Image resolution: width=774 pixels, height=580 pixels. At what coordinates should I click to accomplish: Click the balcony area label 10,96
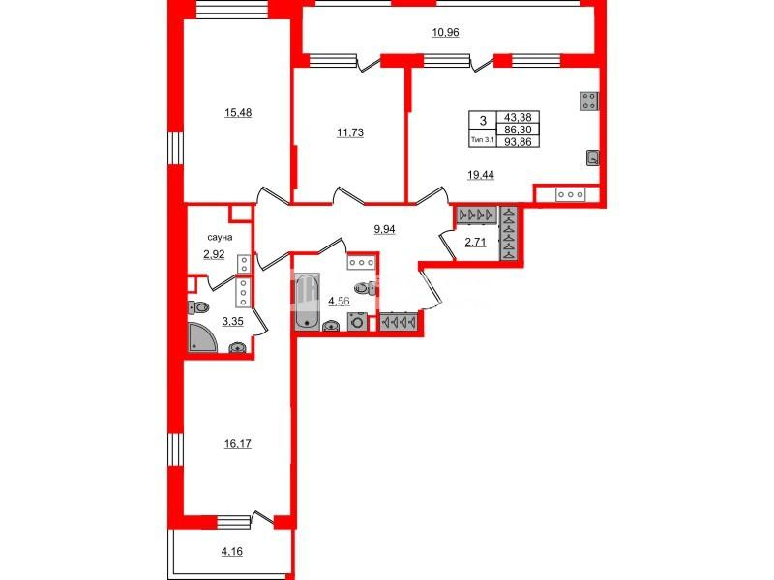pyautogui.click(x=445, y=33)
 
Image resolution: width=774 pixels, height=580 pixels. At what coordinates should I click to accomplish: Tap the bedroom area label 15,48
pyautogui.click(x=238, y=113)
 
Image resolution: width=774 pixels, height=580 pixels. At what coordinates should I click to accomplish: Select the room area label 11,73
pyautogui.click(x=350, y=132)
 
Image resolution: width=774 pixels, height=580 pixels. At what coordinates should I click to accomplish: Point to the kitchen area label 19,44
pyautogui.click(x=481, y=175)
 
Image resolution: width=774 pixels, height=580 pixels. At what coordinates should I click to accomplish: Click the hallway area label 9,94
pyautogui.click(x=384, y=229)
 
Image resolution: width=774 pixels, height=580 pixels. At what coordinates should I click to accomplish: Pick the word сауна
pyautogui.click(x=220, y=237)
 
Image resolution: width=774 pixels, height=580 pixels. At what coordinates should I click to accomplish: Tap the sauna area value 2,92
pyautogui.click(x=214, y=254)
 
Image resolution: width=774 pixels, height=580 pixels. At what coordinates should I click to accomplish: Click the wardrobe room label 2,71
pyautogui.click(x=475, y=242)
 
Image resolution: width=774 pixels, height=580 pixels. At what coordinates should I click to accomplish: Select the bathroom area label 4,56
pyautogui.click(x=340, y=301)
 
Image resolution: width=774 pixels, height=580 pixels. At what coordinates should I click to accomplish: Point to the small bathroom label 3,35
pyautogui.click(x=232, y=322)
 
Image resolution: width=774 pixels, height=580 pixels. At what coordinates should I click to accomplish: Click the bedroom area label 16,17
pyautogui.click(x=238, y=444)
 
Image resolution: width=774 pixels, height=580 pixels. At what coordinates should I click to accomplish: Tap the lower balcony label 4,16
pyautogui.click(x=232, y=551)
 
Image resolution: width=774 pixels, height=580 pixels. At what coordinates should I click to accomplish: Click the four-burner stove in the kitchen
pyautogui.click(x=589, y=101)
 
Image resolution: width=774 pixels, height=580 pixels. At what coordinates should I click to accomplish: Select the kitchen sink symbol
pyautogui.click(x=592, y=158)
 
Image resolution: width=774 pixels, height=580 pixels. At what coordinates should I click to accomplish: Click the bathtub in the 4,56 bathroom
pyautogui.click(x=307, y=302)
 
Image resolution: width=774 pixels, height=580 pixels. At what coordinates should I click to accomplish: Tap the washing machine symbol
pyautogui.click(x=357, y=321)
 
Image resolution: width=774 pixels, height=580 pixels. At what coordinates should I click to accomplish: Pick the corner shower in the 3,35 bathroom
pyautogui.click(x=202, y=337)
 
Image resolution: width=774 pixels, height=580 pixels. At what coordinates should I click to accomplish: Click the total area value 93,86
pyautogui.click(x=518, y=141)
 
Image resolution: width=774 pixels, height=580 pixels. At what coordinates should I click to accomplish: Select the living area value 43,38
pyautogui.click(x=518, y=117)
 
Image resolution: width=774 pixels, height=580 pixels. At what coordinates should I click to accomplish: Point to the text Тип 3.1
pyautogui.click(x=482, y=140)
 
